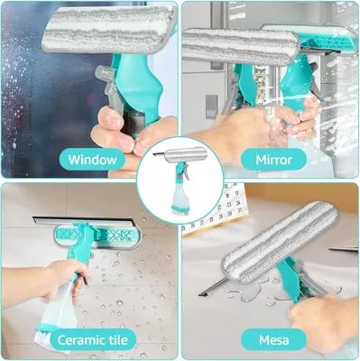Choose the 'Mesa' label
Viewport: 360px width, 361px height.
pyautogui.click(x=273, y=339)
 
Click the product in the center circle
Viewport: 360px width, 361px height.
pyautogui.click(x=179, y=178)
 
